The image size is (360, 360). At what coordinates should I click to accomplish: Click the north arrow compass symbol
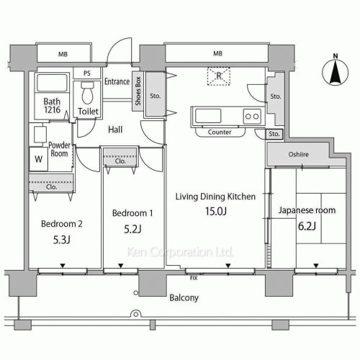pyautogui.click(x=335, y=72)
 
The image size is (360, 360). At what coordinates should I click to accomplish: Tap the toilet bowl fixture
pyautogui.click(x=87, y=93)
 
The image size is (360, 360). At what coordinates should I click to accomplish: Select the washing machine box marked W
pyautogui.click(x=38, y=159)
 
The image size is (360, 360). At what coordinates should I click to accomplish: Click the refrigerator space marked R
pyautogui.click(x=219, y=76)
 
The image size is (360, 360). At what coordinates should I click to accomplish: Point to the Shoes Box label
pyautogui.click(x=138, y=91)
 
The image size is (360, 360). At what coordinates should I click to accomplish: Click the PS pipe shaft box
pyautogui.click(x=87, y=73)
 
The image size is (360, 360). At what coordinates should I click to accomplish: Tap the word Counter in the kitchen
pyautogui.click(x=220, y=132)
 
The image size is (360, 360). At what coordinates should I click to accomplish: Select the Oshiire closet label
pyautogui.click(x=299, y=154)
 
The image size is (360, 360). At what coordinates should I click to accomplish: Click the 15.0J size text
pyautogui.click(x=216, y=211)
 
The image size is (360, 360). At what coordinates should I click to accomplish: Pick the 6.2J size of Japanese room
pyautogui.click(x=307, y=226)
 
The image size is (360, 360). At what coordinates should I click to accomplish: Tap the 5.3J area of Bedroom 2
pyautogui.click(x=62, y=240)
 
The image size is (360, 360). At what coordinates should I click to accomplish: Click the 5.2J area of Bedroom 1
pyautogui.click(x=132, y=229)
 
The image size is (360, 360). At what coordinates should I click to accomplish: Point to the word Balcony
pyautogui.click(x=184, y=298)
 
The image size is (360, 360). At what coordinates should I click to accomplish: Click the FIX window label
pyautogui.click(x=194, y=278)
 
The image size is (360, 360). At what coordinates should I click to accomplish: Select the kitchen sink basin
pyautogui.click(x=208, y=116)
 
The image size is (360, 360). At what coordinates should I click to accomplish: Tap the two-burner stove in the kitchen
pyautogui.click(x=252, y=117)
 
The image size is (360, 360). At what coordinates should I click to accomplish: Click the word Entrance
pyautogui.click(x=117, y=81)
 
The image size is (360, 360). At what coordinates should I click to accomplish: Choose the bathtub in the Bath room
pyautogui.click(x=52, y=82)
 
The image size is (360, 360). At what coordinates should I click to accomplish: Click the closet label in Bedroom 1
pyautogui.click(x=120, y=161)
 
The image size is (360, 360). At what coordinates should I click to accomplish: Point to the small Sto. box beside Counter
pyautogui.click(x=274, y=134)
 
